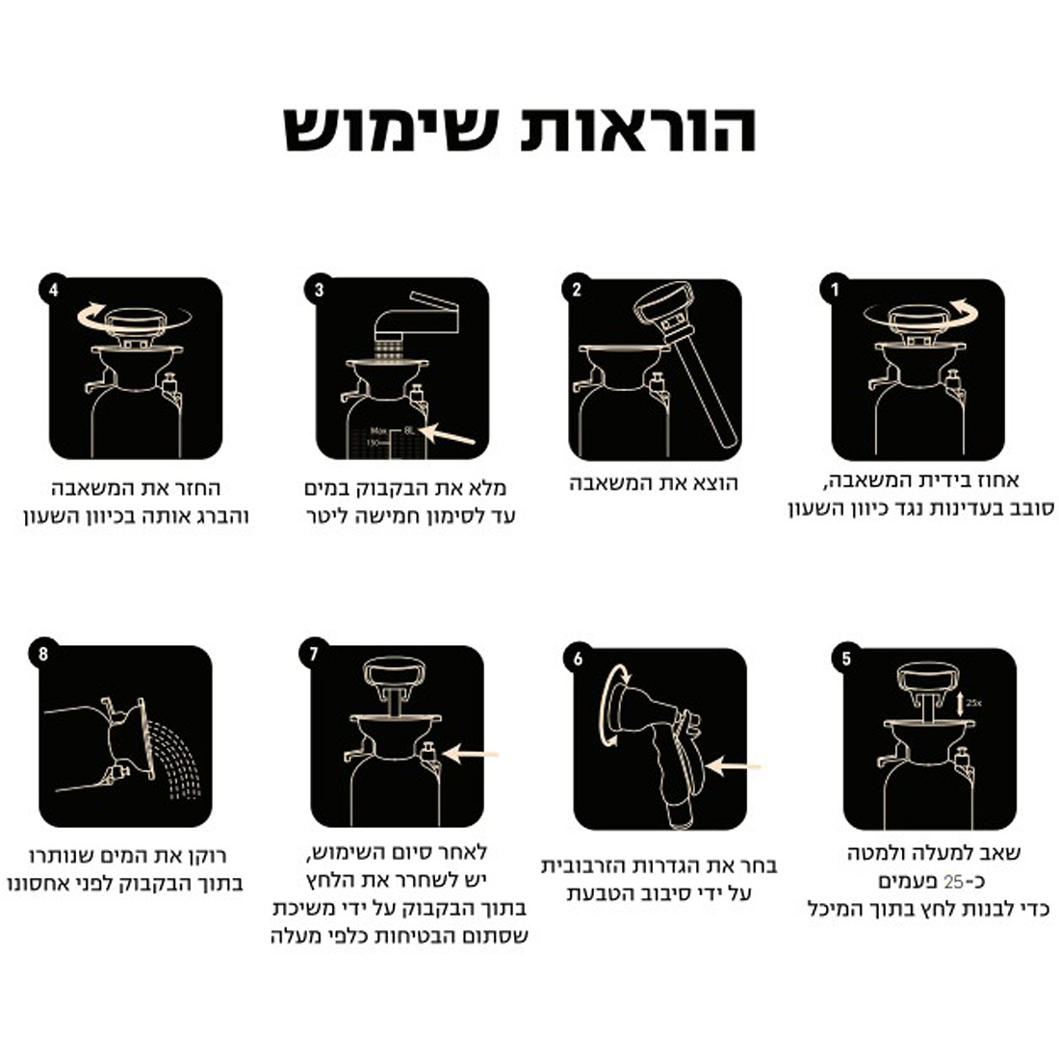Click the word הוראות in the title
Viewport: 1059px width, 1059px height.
(638, 129)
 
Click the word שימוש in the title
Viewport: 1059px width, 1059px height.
(391, 129)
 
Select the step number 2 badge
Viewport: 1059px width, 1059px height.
(577, 289)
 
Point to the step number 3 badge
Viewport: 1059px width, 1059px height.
(319, 289)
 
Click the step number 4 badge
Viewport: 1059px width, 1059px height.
(53, 289)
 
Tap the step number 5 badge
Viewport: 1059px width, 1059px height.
(846, 659)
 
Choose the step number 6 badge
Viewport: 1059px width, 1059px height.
(579, 659)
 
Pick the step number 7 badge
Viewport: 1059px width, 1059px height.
(314, 655)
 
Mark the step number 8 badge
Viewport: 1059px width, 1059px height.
(44, 655)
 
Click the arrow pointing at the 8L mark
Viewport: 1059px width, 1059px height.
(447, 434)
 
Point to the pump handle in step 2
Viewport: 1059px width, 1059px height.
(686, 363)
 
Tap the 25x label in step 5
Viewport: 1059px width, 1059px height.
(973, 703)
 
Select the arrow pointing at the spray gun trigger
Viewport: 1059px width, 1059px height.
(733, 766)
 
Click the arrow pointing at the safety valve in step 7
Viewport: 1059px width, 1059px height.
(470, 754)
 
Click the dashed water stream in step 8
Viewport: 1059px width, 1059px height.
(175, 761)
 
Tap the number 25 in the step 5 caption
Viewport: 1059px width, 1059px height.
(953, 881)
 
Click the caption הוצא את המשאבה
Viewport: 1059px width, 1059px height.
(653, 483)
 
